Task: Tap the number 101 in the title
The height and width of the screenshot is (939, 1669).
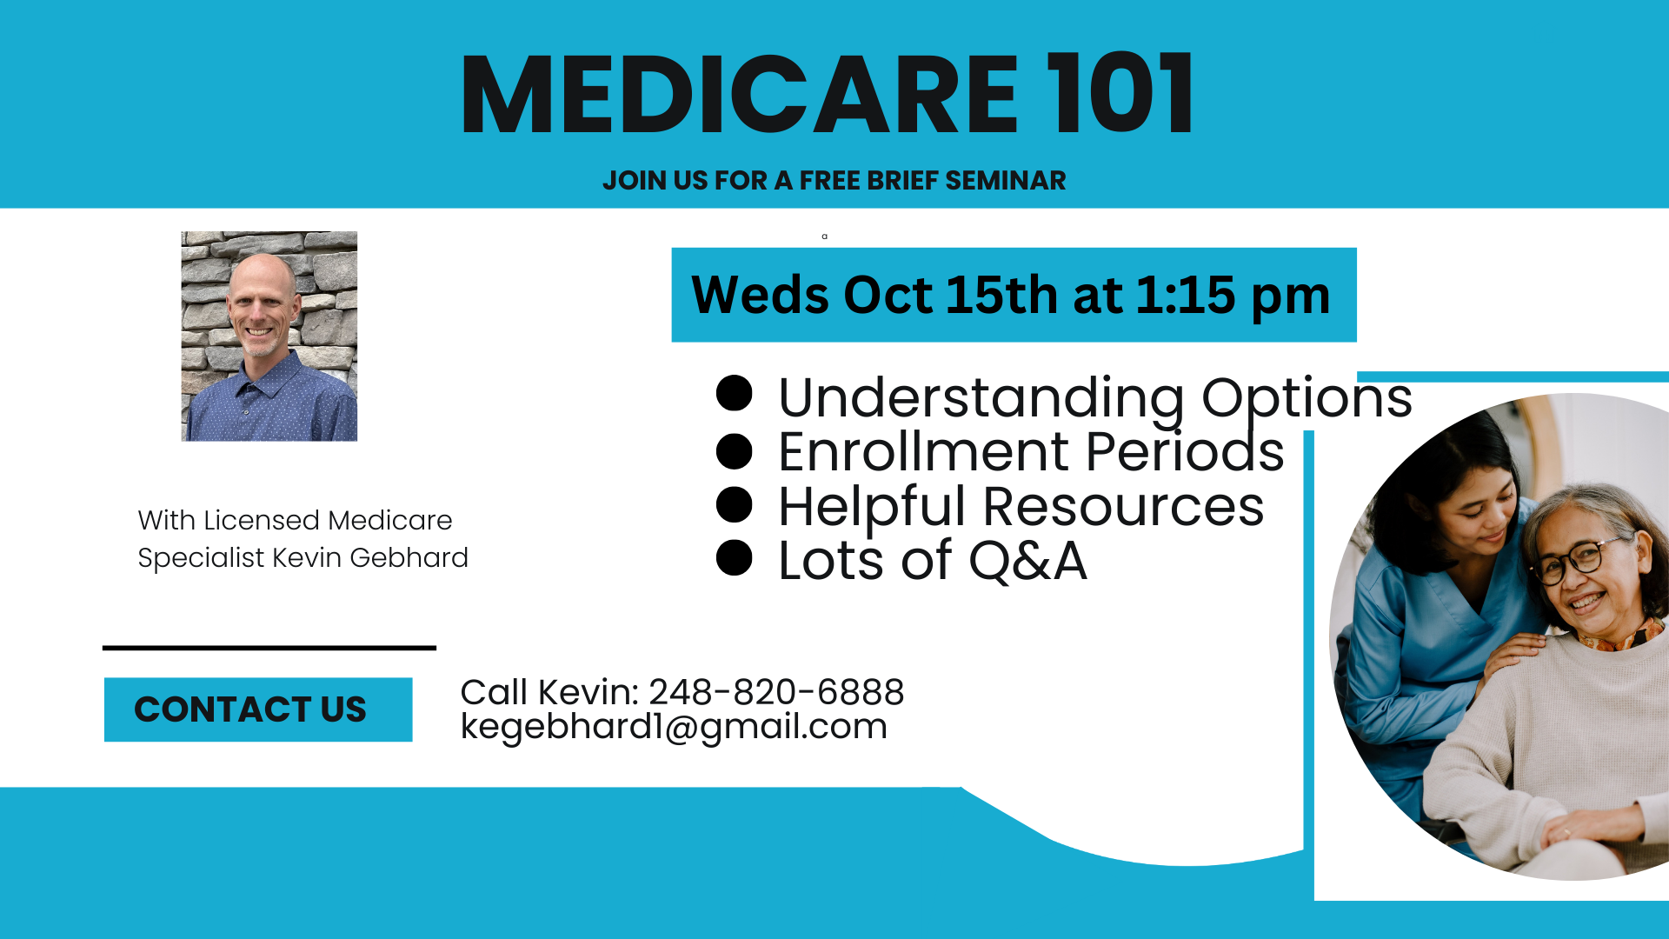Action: tap(1120, 94)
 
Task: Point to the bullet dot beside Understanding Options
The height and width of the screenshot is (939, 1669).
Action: tap(734, 393)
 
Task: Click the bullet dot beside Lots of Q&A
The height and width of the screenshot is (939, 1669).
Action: tap(734, 557)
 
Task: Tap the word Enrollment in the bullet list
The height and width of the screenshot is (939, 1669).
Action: tap(923, 451)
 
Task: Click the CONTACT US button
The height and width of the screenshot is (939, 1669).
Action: tap(258, 709)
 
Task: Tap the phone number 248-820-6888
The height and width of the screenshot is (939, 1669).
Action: tap(776, 692)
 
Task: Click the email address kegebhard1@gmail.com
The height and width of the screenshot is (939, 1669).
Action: tap(674, 727)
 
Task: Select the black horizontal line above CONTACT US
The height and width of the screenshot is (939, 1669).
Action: tap(269, 648)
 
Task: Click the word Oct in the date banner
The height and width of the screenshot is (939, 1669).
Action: tap(888, 296)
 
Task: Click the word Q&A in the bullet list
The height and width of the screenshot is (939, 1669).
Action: tap(1027, 561)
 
